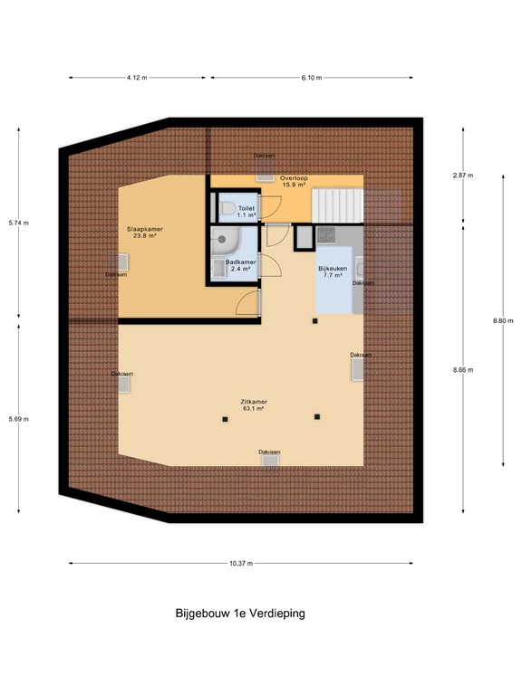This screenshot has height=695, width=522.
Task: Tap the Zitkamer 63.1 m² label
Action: tap(253, 405)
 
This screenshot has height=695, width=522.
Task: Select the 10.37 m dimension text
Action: tap(241, 563)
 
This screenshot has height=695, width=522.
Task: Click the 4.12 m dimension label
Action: tap(137, 78)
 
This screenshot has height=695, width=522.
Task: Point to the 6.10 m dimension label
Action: tap(310, 78)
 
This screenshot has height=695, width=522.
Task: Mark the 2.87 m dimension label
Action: tap(463, 176)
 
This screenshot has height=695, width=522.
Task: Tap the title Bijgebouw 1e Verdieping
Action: tap(240, 613)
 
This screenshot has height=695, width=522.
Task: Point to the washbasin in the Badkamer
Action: tap(220, 268)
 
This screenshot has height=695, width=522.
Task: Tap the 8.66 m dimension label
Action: tap(463, 370)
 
